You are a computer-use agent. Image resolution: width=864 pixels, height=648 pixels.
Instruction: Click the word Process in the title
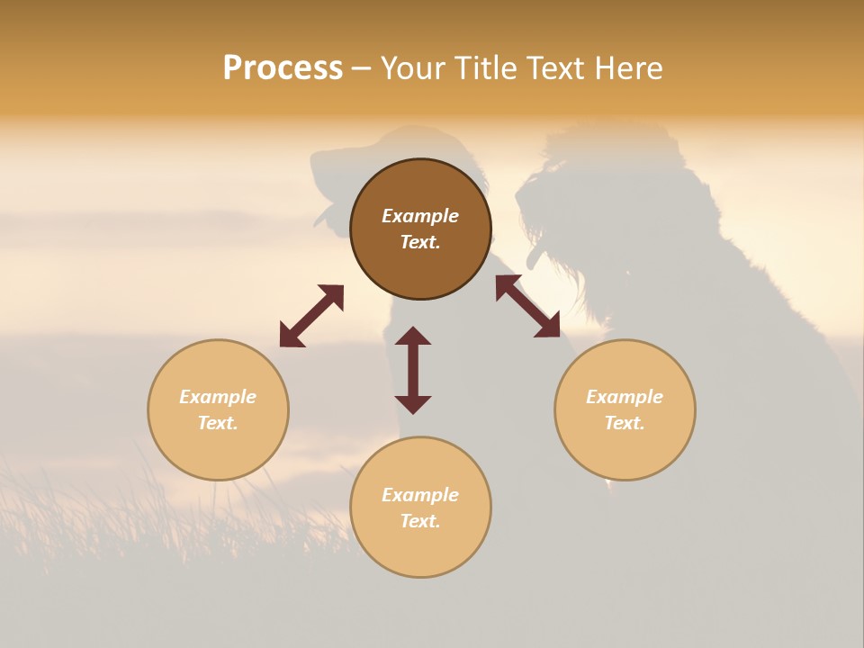pyautogui.click(x=283, y=68)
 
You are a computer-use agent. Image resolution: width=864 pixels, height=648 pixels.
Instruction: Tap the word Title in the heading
pyautogui.click(x=487, y=68)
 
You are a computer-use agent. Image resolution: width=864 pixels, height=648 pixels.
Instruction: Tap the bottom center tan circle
pyautogui.click(x=420, y=549)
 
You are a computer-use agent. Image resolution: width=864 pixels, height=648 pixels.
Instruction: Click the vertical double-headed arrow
pyautogui.click(x=413, y=370)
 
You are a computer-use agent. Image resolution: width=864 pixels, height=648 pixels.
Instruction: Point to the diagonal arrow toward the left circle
pyautogui.click(x=311, y=316)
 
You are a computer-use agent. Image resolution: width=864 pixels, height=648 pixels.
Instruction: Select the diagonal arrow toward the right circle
pyautogui.click(x=527, y=306)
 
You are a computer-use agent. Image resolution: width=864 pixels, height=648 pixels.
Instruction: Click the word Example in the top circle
pyautogui.click(x=420, y=216)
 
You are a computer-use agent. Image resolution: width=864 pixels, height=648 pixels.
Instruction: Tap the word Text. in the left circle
pyautogui.click(x=218, y=423)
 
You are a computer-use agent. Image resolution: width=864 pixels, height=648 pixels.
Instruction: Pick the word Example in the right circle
pyautogui.click(x=625, y=397)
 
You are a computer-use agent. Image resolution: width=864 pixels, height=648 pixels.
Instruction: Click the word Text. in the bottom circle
pyautogui.click(x=420, y=521)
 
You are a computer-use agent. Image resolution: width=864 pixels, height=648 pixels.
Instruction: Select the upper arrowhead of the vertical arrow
pyautogui.click(x=413, y=336)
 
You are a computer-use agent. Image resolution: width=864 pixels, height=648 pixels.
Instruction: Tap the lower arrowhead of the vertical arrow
pyautogui.click(x=413, y=404)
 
